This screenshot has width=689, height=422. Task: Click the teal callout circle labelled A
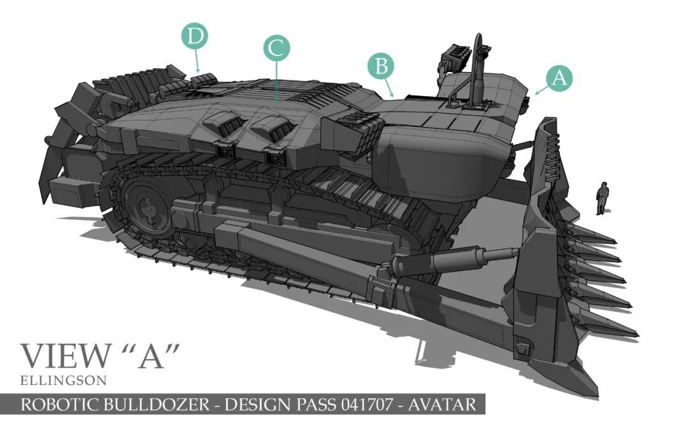coord(559,78)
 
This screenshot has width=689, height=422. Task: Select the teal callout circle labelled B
coord(380,66)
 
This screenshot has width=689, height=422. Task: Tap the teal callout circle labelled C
coord(276,48)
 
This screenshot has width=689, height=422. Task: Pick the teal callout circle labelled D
coord(195,36)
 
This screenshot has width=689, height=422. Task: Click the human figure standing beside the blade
coord(602,198)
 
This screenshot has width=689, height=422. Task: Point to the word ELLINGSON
coord(63,381)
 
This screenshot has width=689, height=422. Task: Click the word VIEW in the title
coord(66,356)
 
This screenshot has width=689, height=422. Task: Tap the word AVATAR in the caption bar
coord(441,404)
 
